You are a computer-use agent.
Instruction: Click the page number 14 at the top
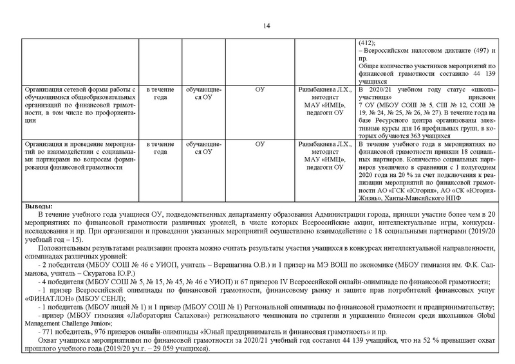pyautogui.click(x=266, y=26)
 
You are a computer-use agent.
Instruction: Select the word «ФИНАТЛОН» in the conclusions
pyautogui.click(x=46, y=298)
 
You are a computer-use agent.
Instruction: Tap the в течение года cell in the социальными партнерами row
pyautogui.click(x=158, y=148)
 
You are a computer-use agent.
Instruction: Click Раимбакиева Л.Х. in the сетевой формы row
pyautogui.click(x=325, y=89)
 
